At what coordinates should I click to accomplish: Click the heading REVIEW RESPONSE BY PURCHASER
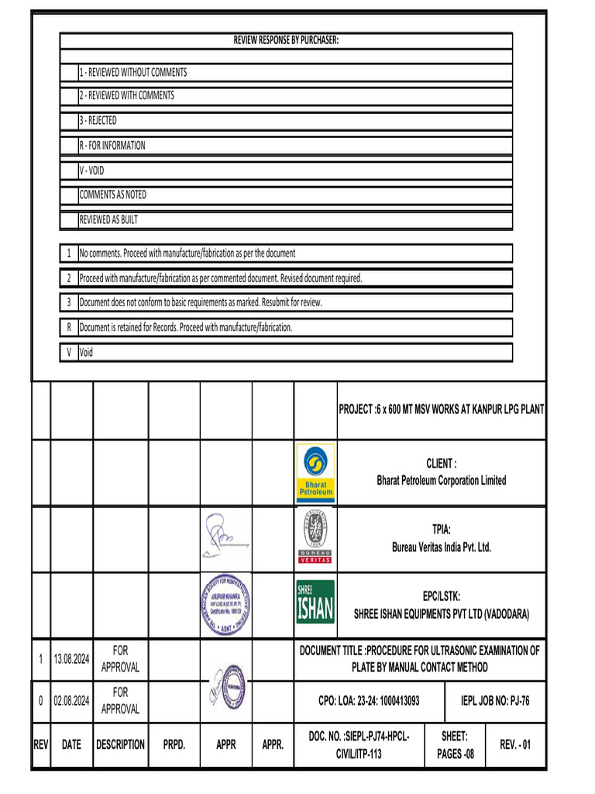[x=286, y=40]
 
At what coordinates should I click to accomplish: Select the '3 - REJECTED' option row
[x=98, y=121]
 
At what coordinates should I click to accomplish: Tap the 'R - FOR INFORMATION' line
[x=112, y=146]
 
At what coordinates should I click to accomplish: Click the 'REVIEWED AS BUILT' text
[x=108, y=220]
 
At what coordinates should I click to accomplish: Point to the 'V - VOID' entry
[x=91, y=171]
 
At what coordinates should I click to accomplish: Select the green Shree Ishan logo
[x=315, y=602]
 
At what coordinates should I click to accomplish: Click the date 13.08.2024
[x=71, y=659]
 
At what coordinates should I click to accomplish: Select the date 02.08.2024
[x=71, y=701]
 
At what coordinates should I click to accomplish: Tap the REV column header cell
[x=41, y=745]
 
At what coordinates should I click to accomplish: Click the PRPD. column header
[x=174, y=745]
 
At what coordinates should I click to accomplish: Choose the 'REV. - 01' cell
[x=515, y=745]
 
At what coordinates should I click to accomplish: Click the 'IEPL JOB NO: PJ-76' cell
[x=496, y=701]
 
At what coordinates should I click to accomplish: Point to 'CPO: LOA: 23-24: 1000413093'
[x=369, y=701]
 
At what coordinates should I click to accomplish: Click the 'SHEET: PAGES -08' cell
[x=454, y=745]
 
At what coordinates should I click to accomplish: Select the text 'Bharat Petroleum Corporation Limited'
[x=442, y=481]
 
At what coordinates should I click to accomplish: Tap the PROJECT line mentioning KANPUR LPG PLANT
[x=442, y=409]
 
